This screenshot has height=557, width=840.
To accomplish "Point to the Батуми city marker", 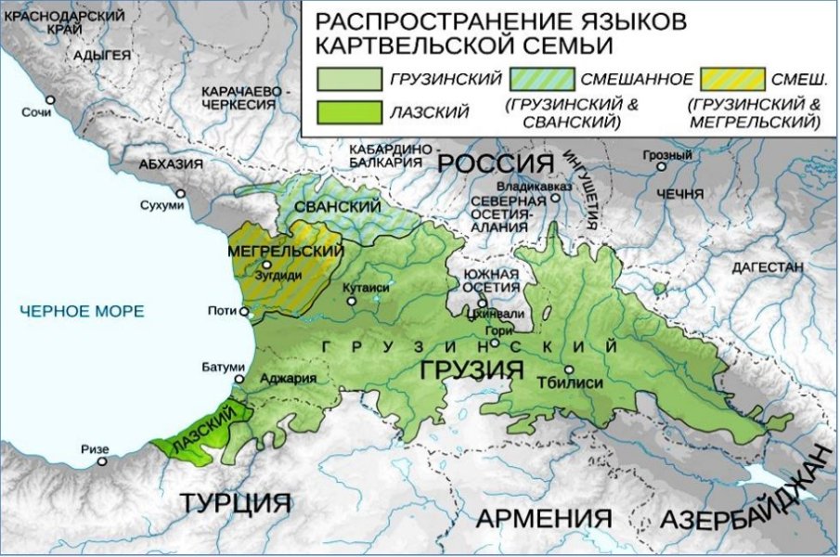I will [240, 379].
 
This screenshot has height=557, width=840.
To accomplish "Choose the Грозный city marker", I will [661, 167].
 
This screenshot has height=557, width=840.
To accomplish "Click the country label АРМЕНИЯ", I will [544, 518].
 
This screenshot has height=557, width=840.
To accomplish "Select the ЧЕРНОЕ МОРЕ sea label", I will [82, 311].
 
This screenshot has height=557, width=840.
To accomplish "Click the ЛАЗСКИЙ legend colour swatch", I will [349, 112].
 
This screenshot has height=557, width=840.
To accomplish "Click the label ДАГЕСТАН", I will [767, 266].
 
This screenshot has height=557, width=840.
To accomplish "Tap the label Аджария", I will [289, 379].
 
